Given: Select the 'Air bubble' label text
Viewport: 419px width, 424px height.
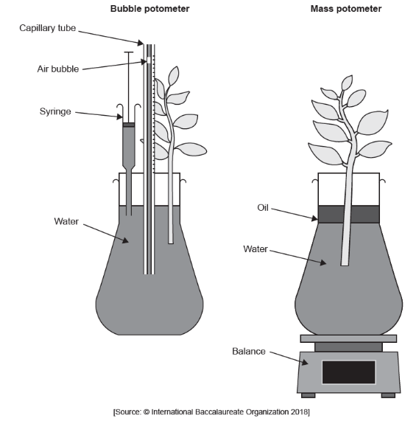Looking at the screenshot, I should (x=57, y=69).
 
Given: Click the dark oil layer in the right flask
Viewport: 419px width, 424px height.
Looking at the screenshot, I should (x=348, y=214).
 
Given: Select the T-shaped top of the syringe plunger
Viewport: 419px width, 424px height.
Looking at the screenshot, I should (x=130, y=54).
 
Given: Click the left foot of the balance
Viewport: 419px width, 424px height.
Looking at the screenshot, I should (x=308, y=395).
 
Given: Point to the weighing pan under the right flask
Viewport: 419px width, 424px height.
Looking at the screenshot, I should (x=348, y=338).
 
